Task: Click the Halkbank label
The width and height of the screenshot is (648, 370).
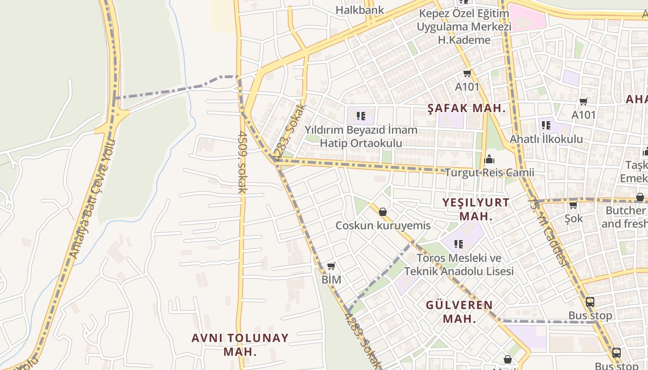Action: (x=360, y=10)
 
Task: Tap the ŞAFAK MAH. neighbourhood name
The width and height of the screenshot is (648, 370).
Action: (x=466, y=109)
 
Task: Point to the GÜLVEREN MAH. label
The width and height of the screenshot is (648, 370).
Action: (x=459, y=312)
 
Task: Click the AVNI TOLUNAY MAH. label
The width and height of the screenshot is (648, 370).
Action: (x=240, y=345)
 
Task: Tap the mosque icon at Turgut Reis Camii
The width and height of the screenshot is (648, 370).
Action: (x=489, y=160)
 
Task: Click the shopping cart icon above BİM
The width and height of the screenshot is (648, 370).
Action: (x=331, y=266)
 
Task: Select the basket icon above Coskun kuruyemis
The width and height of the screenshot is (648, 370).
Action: (x=383, y=212)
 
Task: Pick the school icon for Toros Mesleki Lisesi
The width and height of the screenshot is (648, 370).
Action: (x=459, y=244)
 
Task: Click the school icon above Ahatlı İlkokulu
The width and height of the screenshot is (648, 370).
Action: (x=546, y=125)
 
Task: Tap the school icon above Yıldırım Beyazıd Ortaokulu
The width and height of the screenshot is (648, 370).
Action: (x=361, y=116)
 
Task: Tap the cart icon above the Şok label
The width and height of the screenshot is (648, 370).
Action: (x=573, y=205)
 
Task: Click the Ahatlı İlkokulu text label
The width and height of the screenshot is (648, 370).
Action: (x=546, y=139)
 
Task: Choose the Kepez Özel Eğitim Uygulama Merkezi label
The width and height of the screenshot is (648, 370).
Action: (x=464, y=26)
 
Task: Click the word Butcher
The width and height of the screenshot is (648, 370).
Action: (x=625, y=210)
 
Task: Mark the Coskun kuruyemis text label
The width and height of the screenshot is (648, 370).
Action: (x=383, y=226)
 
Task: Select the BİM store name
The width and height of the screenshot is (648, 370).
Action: (x=331, y=279)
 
